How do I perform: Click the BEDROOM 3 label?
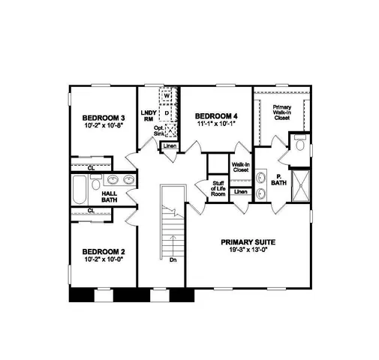(x=103, y=118)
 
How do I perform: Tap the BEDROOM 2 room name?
(x=103, y=251)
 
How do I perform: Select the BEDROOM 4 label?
(x=216, y=115)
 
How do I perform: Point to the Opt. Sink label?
(x=160, y=130)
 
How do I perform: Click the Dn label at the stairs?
(x=172, y=260)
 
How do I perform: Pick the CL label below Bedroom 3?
(x=91, y=167)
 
